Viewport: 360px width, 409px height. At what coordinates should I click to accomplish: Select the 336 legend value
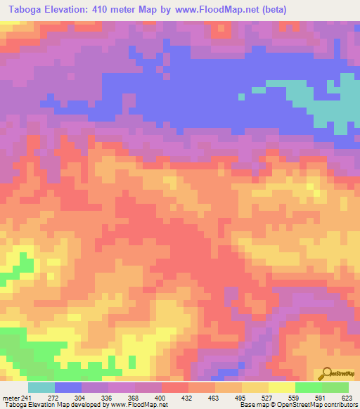[107, 397]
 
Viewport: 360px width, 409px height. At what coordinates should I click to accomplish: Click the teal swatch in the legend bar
[41, 387]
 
